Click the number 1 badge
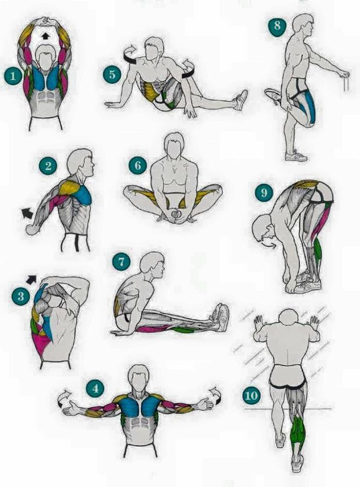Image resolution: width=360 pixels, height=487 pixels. coord(13,76)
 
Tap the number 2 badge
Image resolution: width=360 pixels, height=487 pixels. coord(48,166)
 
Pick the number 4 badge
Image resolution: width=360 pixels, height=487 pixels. coord(95,388)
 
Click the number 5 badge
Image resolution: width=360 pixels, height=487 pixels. coord(112,74)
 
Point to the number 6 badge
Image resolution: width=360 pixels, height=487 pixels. coord(138,165)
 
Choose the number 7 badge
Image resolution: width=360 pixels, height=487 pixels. coord(122,262)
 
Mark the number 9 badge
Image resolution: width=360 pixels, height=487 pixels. coord(264,192)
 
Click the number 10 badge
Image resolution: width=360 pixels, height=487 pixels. coord(251,395)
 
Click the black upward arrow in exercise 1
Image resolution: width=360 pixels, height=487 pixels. coord(46,36)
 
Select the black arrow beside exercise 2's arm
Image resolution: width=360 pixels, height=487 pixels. coord(28,214)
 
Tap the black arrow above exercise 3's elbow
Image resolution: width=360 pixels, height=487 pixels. coord(31,279)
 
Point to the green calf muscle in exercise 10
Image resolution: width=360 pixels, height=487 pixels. coord(298,432)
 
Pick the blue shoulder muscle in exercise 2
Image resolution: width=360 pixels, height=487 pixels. coord(82,195)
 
